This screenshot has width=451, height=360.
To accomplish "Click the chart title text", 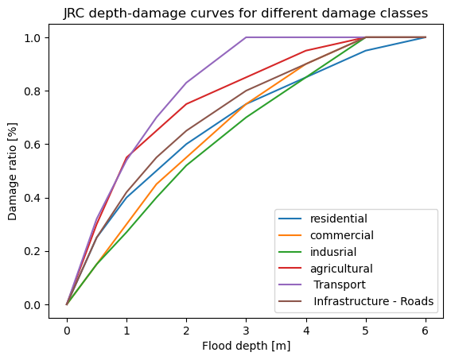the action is click(x=246, y=14).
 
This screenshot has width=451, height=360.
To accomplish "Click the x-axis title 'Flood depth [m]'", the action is click(x=247, y=346).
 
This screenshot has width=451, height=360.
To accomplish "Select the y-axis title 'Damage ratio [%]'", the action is click(x=13, y=172).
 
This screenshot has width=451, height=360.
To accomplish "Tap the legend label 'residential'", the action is click(x=339, y=219).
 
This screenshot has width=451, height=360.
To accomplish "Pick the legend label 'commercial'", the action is click(x=342, y=235).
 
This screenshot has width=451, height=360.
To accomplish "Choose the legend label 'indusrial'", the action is click(x=333, y=252).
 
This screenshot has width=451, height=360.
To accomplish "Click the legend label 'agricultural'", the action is click(x=341, y=269).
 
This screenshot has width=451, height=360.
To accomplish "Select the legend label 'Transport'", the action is click(x=340, y=285).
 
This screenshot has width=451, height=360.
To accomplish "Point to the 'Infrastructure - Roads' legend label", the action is click(x=373, y=301).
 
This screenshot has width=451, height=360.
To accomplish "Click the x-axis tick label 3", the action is click(x=247, y=331).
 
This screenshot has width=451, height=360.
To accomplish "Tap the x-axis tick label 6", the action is click(x=426, y=331).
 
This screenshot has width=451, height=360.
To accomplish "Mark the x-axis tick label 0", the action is click(x=67, y=331).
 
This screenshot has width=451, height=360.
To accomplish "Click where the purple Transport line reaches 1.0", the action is click(x=247, y=37).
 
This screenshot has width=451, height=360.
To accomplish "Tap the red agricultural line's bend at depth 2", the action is click(x=186, y=104).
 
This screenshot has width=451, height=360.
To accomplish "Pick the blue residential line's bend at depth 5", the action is click(x=366, y=51).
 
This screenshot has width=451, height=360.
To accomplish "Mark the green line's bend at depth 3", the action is click(x=247, y=118).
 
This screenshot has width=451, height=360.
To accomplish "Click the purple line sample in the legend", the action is click(x=290, y=285).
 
